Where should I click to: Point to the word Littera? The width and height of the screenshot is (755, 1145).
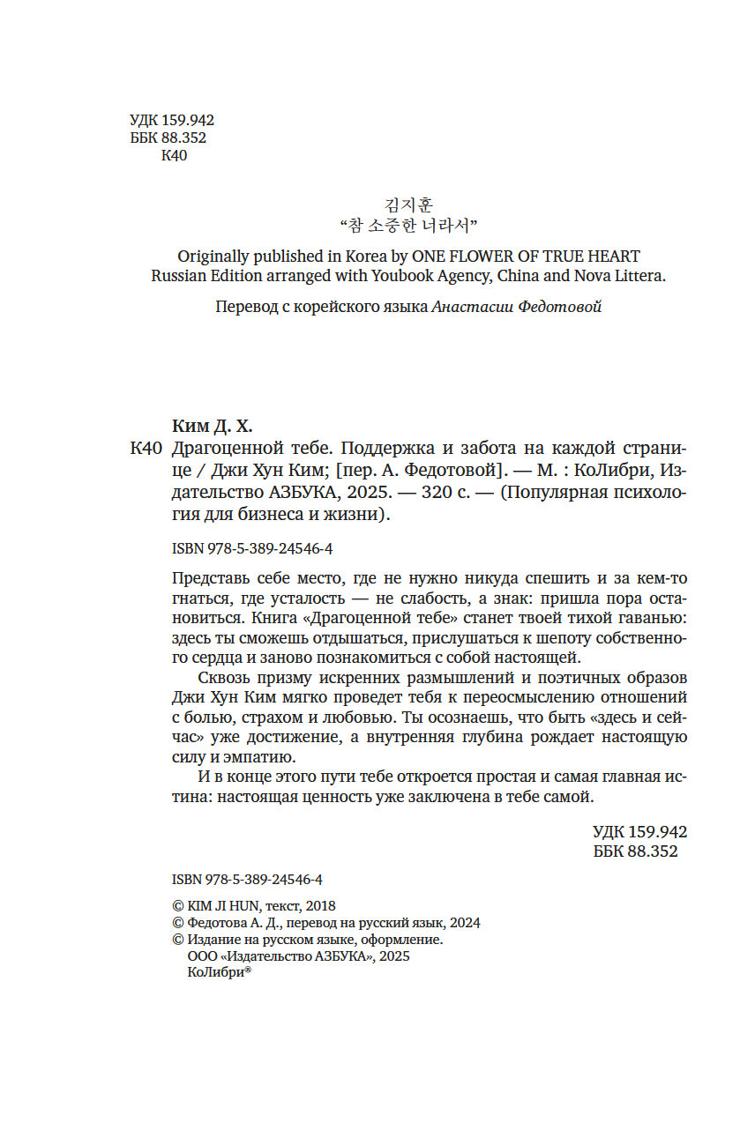tap(637, 276)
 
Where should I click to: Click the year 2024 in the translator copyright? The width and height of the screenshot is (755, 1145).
tap(465, 923)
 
